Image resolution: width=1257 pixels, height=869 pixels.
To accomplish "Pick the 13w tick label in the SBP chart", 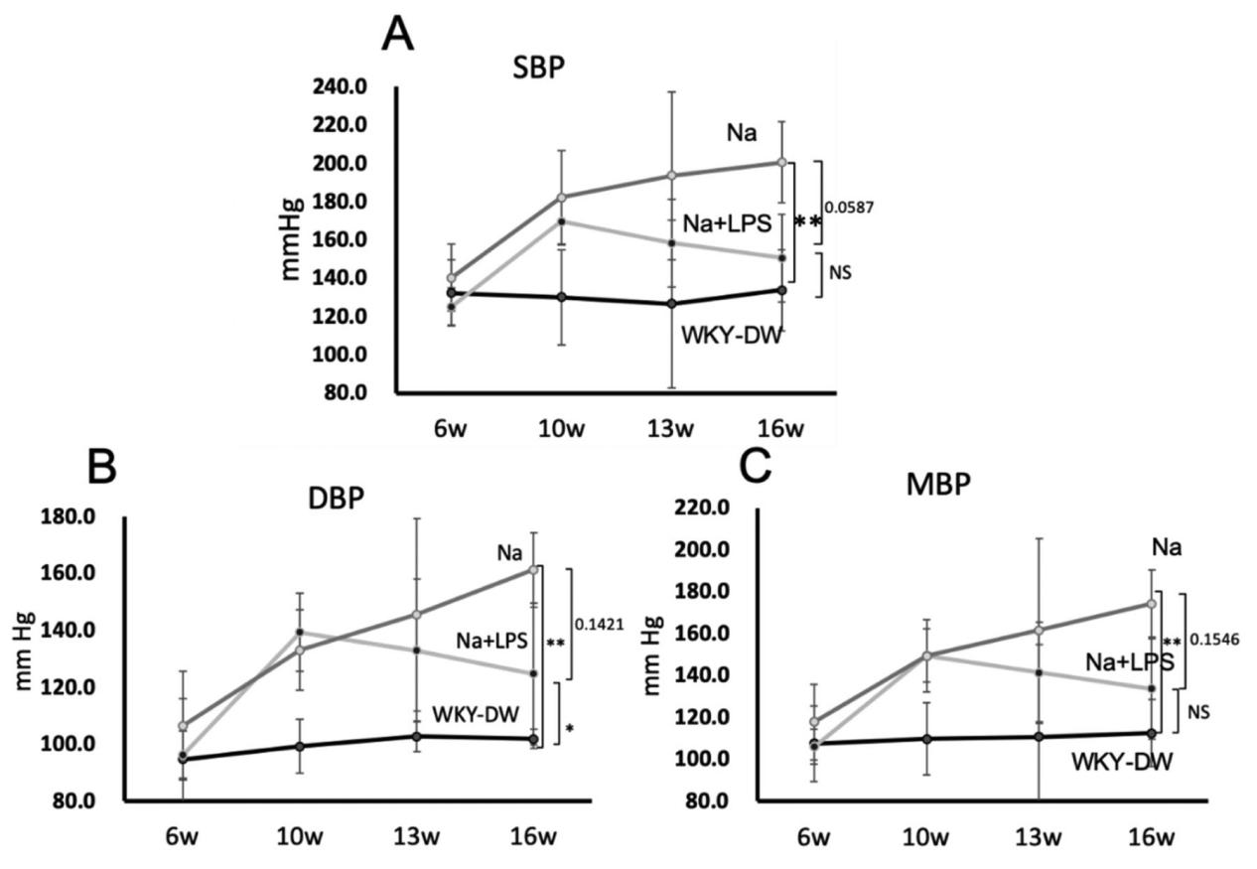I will pyautogui.click(x=672, y=429).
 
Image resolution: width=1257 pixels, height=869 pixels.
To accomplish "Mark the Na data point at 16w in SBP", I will pyautogui.click(x=781, y=162).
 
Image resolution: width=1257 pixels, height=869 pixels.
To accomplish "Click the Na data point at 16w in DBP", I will pyautogui.click(x=533, y=569).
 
